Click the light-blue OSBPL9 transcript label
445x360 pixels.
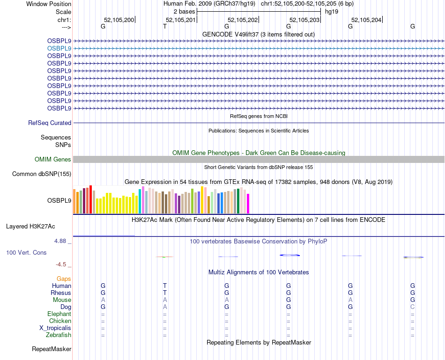[x=59, y=48]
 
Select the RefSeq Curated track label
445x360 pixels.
[x=50, y=123]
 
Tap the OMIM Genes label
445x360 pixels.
[x=53, y=160]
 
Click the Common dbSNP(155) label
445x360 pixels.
[x=41, y=174]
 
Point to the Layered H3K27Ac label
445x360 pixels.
[x=30, y=227]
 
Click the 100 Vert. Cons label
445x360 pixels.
[x=26, y=253]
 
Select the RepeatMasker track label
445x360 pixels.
[x=52, y=349]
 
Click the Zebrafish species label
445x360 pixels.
[x=59, y=335]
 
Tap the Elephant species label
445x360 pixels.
[x=59, y=314]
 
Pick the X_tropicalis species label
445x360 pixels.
[x=55, y=328]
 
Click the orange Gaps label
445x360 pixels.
[x=64, y=279]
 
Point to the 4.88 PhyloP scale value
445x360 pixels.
[x=61, y=241]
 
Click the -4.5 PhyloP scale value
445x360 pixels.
[x=62, y=264]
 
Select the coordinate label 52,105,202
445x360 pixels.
[x=243, y=20]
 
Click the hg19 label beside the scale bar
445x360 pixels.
[x=332, y=11]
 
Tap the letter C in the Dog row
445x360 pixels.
[x=413, y=307]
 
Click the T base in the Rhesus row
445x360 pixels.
[x=164, y=293]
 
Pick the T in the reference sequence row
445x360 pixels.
[x=164, y=27]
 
